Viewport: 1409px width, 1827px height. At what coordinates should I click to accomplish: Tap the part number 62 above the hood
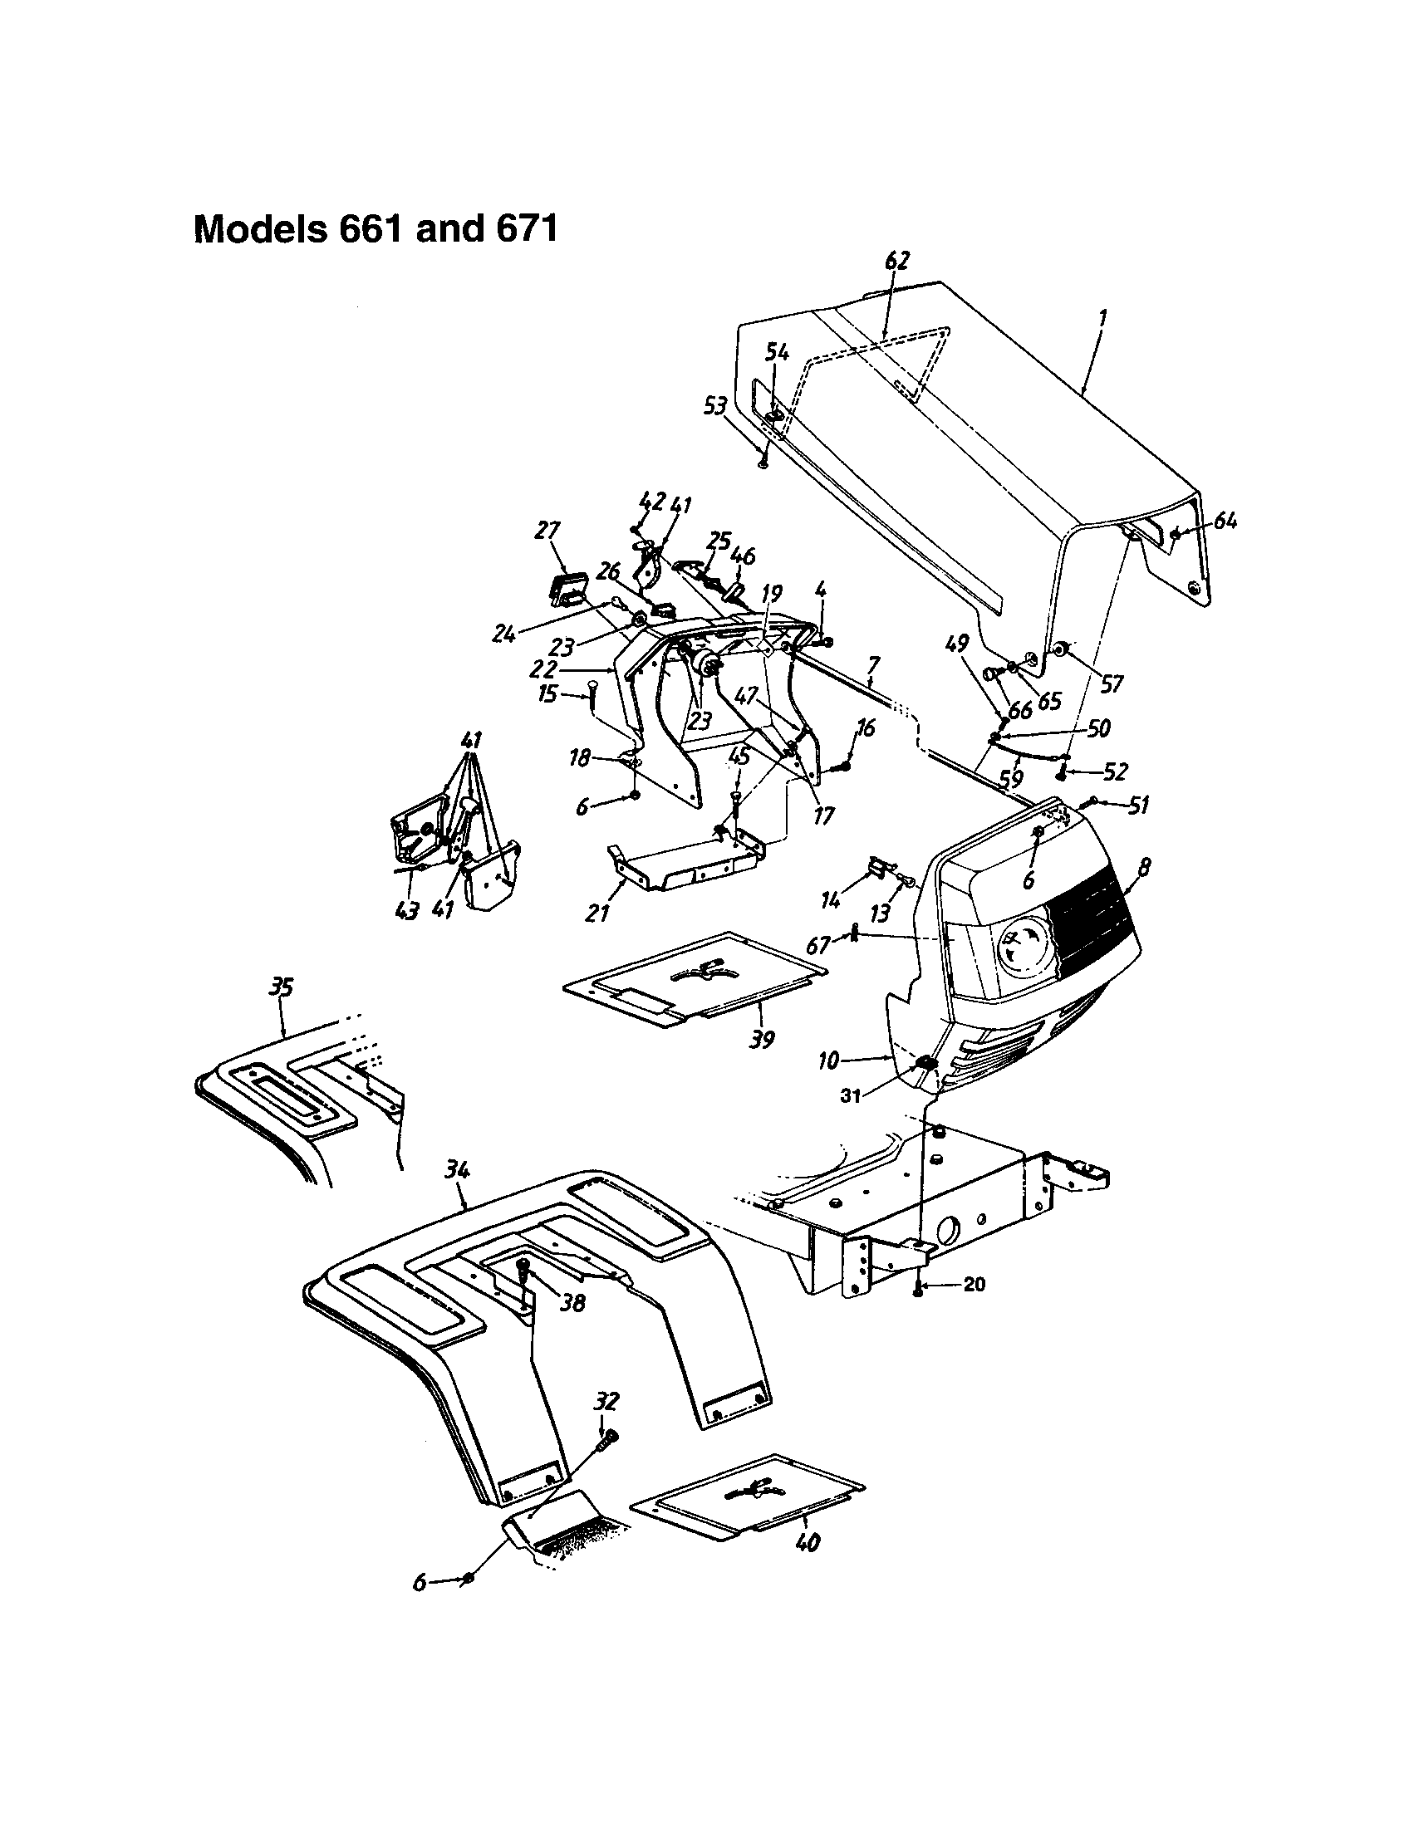(x=896, y=261)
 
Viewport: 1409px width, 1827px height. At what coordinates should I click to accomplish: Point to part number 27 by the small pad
(x=548, y=531)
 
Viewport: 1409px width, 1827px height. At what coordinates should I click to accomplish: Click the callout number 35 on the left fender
(x=280, y=988)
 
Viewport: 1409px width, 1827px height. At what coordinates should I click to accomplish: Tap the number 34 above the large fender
(x=456, y=1170)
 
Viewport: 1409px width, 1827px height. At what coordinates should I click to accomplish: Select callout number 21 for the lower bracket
(x=596, y=914)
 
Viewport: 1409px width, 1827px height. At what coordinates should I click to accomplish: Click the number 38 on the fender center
(x=573, y=1302)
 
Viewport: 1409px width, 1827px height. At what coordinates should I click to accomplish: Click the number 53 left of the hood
(x=714, y=408)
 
